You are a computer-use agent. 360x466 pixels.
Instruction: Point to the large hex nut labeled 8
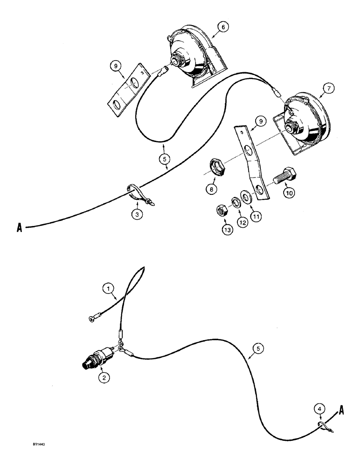(217, 168)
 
